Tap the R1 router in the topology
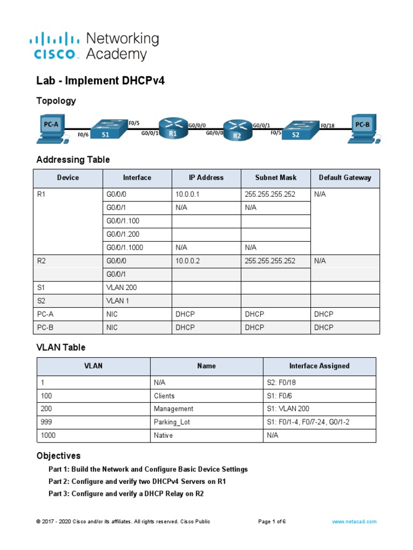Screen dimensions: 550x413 pyautogui.click(x=172, y=129)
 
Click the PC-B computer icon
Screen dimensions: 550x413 pyautogui.click(x=363, y=128)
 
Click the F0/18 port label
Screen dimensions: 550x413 pyautogui.click(x=327, y=126)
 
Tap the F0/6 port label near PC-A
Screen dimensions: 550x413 pyautogui.click(x=83, y=135)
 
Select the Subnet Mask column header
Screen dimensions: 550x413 pyautogui.click(x=276, y=178)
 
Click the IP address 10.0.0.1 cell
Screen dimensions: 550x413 pyautogui.click(x=188, y=194)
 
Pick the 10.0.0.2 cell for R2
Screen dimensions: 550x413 pyautogui.click(x=188, y=260)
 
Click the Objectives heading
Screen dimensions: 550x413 pyautogui.click(x=59, y=455)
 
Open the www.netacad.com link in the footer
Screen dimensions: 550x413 pyautogui.click(x=354, y=522)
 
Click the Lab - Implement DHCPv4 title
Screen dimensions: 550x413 pyautogui.click(x=100, y=81)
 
